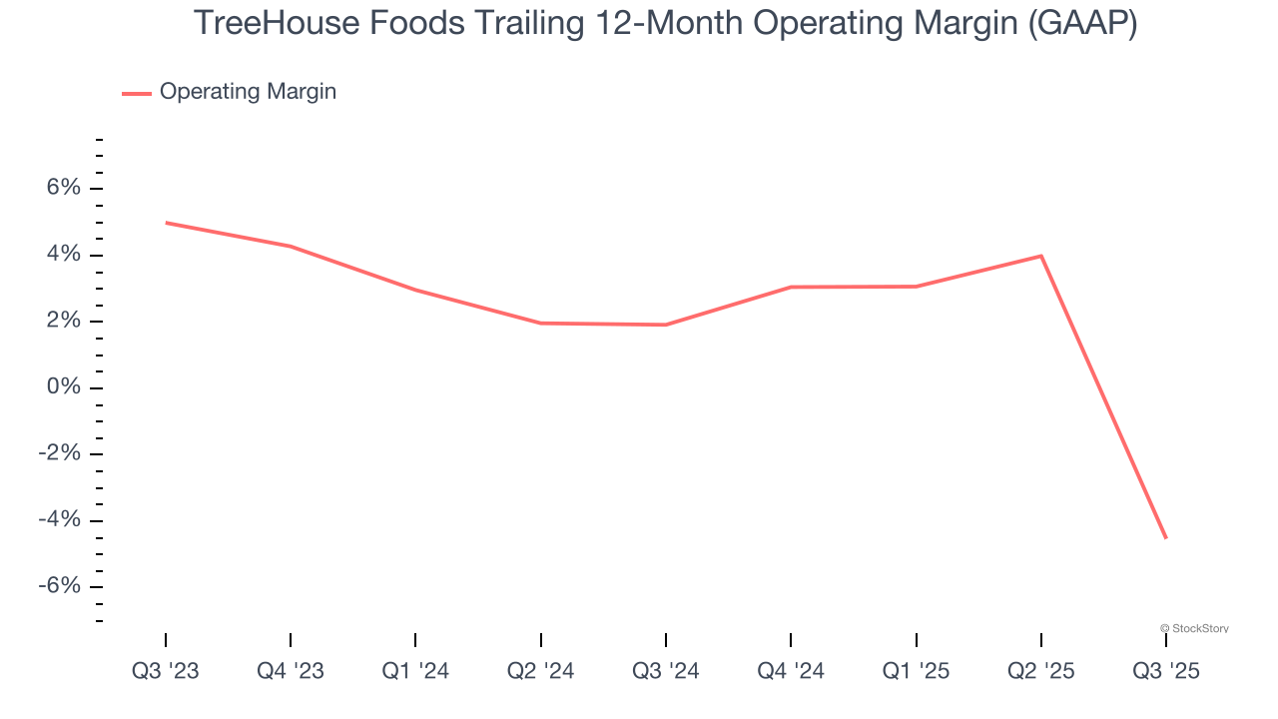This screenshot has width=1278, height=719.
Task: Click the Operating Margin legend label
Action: click(248, 92)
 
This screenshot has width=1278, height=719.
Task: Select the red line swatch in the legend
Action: click(137, 93)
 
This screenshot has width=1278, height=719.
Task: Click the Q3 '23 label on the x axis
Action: click(166, 671)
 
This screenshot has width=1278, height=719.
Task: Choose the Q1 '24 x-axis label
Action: click(415, 671)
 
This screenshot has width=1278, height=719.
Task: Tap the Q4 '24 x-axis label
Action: click(791, 671)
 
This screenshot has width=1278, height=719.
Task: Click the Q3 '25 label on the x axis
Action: click(1165, 671)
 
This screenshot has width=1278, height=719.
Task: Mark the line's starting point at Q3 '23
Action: click(166, 223)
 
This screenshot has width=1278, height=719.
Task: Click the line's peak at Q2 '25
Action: click(1041, 256)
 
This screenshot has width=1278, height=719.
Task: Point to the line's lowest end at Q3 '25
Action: click(1165, 538)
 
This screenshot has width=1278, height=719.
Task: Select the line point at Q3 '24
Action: click(666, 325)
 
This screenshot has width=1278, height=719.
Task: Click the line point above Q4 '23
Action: click(291, 247)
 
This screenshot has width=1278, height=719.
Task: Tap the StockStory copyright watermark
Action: click(1194, 628)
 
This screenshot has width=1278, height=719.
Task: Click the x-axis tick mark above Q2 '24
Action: click(541, 639)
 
